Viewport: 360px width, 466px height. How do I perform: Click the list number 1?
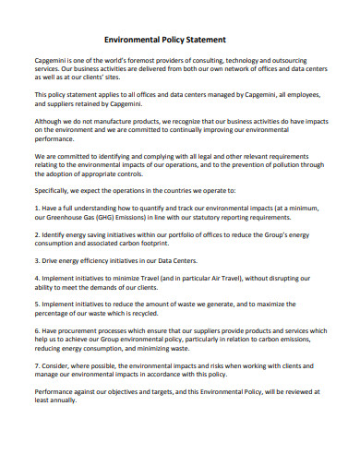pyautogui.click(x=37, y=209)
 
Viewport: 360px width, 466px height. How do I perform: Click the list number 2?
pyautogui.click(x=37, y=235)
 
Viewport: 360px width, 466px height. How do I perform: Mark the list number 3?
pyautogui.click(x=37, y=262)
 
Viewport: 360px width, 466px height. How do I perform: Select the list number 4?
pyautogui.click(x=37, y=280)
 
